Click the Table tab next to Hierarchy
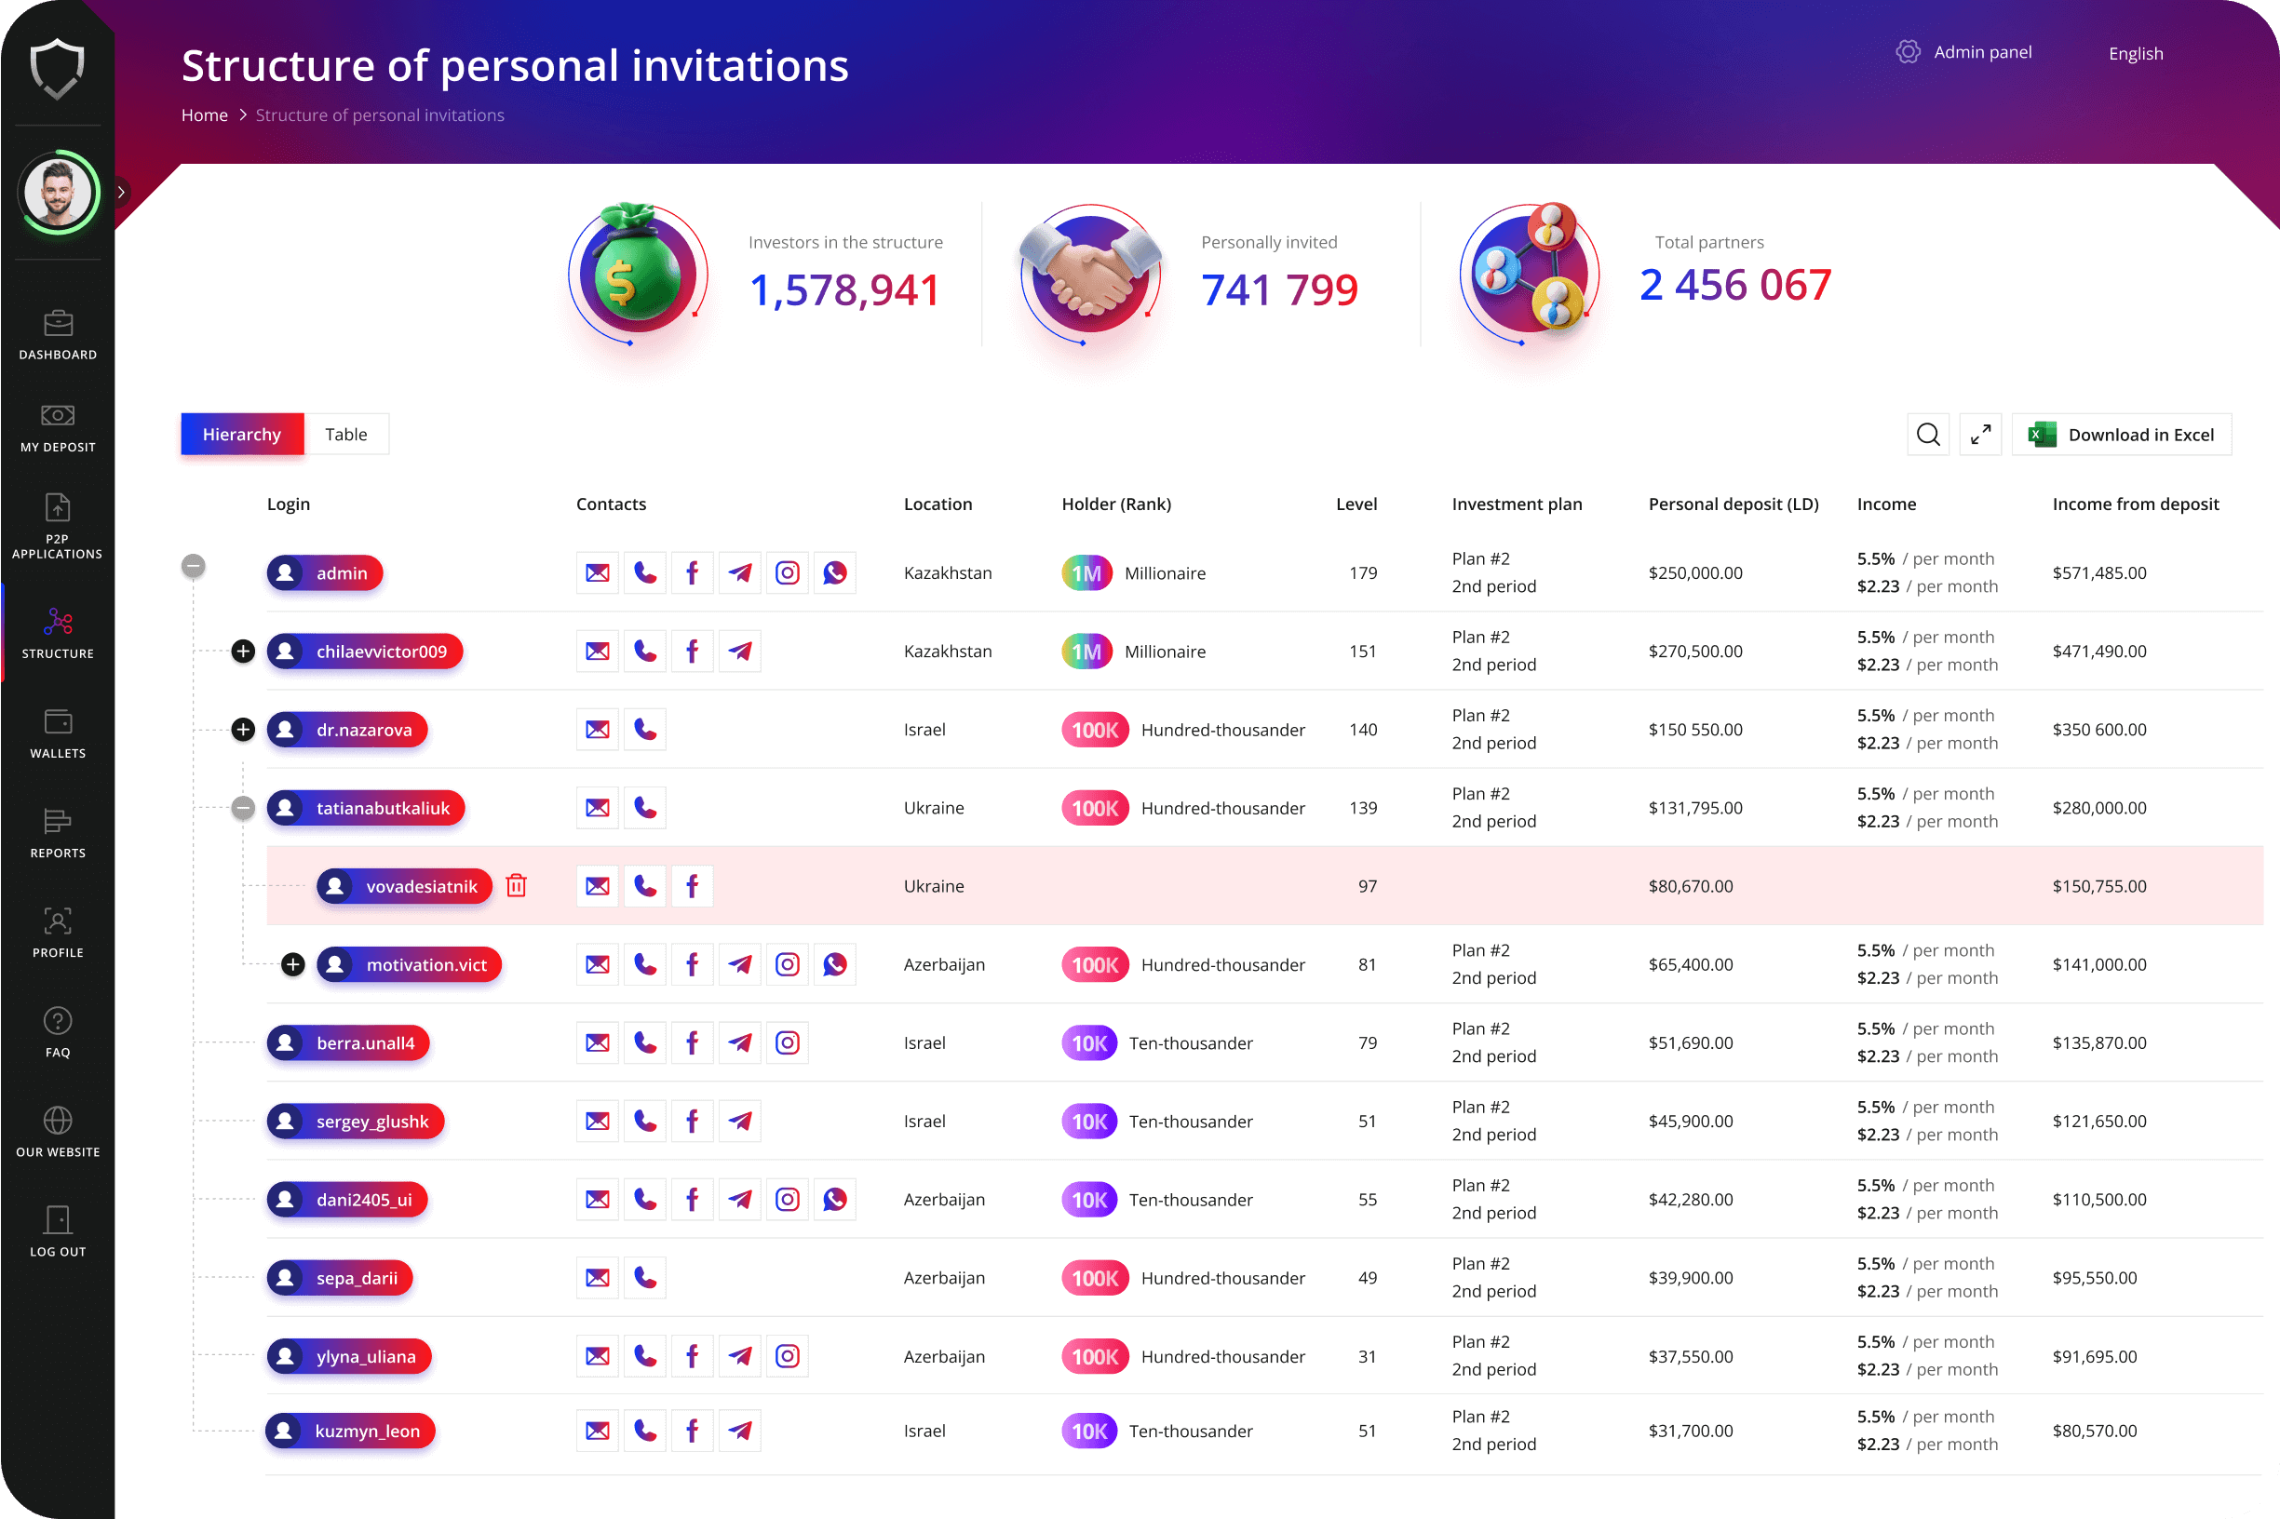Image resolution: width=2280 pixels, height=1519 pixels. coord(346,434)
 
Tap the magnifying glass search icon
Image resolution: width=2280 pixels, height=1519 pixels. coord(1927,434)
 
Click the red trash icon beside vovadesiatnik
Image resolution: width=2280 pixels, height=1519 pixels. coord(517,885)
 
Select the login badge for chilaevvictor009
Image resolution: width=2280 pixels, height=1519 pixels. coord(364,651)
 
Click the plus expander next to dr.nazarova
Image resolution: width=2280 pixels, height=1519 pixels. coord(243,730)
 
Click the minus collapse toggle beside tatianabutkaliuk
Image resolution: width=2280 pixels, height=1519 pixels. coord(243,808)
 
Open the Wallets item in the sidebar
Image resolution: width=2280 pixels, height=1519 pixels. coord(57,733)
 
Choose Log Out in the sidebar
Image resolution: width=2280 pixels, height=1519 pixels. coord(57,1231)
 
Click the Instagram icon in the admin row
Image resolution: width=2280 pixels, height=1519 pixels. coord(788,572)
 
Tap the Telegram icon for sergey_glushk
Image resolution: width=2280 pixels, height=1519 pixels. coord(740,1121)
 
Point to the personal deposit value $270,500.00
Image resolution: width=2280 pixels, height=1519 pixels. coord(1694,651)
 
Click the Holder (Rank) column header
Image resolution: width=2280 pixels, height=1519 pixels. coord(1115,504)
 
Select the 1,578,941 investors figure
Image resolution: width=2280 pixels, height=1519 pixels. coord(844,289)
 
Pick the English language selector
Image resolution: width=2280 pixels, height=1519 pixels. coord(2135,53)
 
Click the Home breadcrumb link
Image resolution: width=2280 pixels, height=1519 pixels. coord(205,115)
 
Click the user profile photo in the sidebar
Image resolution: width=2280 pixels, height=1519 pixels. coord(58,192)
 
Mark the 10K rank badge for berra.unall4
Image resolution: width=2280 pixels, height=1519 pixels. coord(1088,1043)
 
